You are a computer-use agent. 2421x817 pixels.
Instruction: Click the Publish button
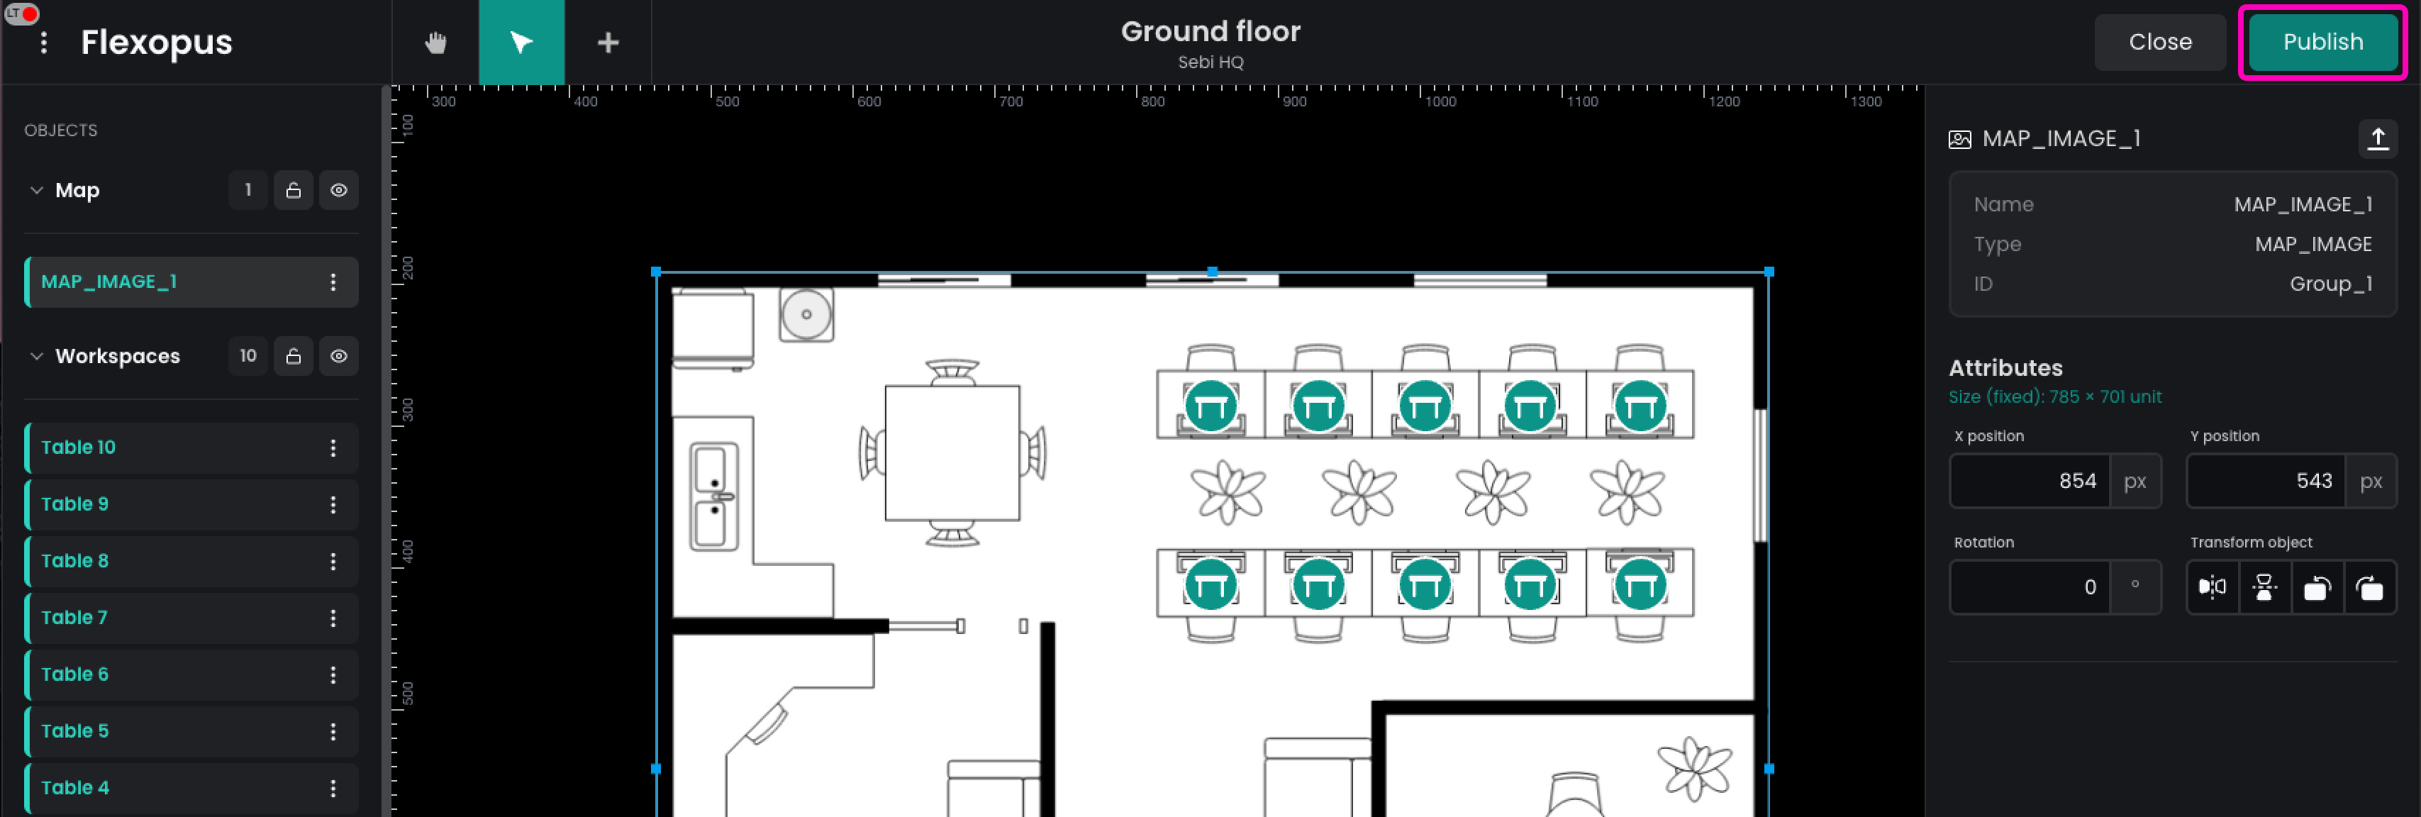2322,43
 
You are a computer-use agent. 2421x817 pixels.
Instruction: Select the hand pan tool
435,43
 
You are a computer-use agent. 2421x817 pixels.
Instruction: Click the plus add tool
608,43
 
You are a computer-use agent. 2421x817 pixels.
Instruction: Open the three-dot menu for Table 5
333,731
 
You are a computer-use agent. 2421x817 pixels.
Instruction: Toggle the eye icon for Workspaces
338,356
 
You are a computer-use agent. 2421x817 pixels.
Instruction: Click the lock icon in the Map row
293,190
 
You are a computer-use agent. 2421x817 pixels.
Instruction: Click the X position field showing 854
2030,482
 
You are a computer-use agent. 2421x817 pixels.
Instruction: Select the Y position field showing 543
2266,482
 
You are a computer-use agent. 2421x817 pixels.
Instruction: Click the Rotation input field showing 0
2030,588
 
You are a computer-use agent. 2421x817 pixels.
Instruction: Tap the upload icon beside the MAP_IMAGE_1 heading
2378,139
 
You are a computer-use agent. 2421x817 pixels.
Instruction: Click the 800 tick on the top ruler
1152,101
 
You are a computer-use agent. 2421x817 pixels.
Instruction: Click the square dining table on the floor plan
952,453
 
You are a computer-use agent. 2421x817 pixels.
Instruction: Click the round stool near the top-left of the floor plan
806,314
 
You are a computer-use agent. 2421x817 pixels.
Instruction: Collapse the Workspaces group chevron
37,356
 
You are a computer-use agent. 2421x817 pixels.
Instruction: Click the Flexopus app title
156,43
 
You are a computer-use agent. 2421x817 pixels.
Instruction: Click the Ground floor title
1210,32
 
